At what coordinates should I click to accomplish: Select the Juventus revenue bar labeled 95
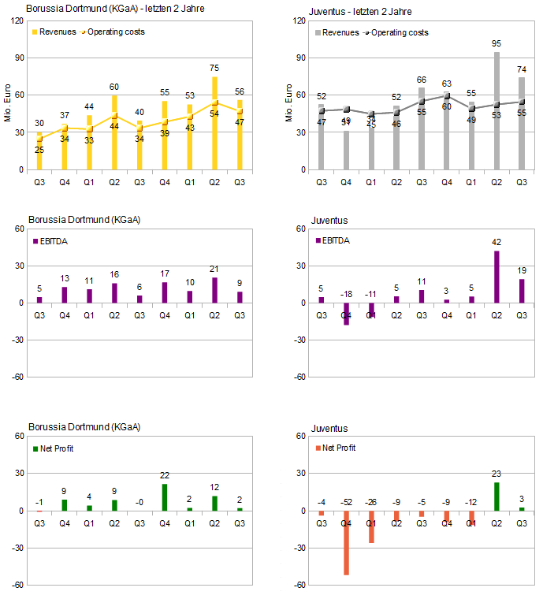pos(497,110)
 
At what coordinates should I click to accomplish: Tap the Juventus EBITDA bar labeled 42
pos(497,277)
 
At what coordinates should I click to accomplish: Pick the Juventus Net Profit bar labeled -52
pos(346,543)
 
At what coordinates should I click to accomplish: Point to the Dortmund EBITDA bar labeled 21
pos(214,290)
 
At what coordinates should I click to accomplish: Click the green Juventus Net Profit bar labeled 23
pos(497,496)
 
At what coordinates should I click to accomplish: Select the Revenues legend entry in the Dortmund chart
pos(55,32)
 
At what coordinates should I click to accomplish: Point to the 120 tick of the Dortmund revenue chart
pos(15,20)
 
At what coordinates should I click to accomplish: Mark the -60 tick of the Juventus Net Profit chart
pos(300,585)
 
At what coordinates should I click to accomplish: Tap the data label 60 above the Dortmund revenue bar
pos(114,87)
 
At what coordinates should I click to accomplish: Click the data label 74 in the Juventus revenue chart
pos(522,69)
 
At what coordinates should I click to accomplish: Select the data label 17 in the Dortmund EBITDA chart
pos(165,274)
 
